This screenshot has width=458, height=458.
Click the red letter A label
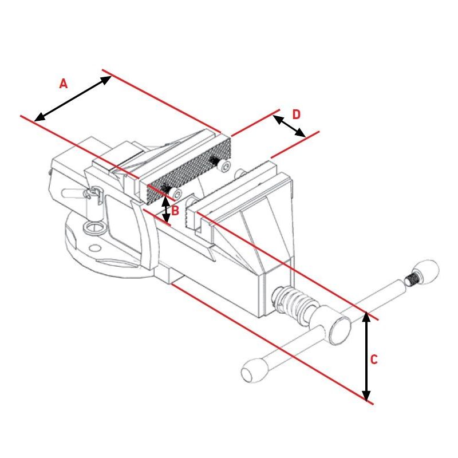(64, 84)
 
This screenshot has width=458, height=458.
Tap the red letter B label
(175, 211)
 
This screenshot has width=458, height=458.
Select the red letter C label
(373, 360)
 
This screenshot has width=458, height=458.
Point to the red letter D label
(296, 114)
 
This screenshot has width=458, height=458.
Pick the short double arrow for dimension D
(289, 126)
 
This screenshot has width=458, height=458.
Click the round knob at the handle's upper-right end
(427, 270)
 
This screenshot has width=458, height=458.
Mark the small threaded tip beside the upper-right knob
(411, 279)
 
